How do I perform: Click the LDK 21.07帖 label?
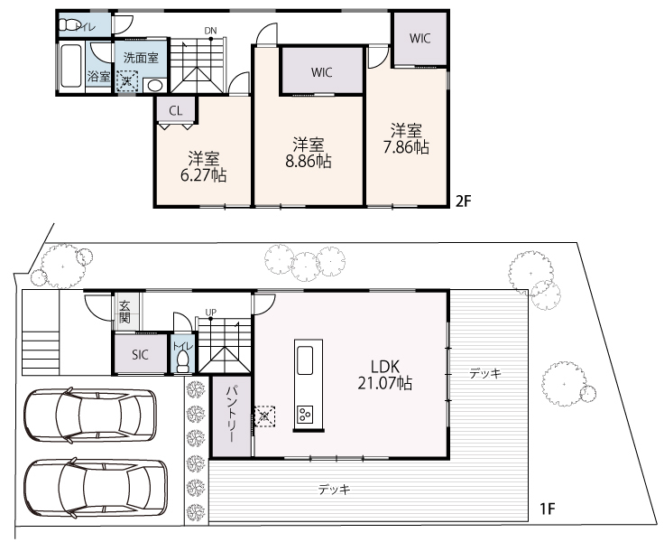click(384, 375)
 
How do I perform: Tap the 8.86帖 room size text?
click(309, 162)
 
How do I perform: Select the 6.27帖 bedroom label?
click(203, 175)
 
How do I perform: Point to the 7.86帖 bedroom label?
click(406, 146)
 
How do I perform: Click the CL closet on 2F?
click(176, 109)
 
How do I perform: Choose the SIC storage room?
click(140, 354)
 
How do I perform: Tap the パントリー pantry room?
click(232, 416)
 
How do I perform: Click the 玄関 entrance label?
click(124, 312)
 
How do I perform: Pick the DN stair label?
click(210, 31)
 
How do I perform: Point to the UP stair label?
click(211, 313)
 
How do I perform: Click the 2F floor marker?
click(464, 201)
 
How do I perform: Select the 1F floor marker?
click(547, 509)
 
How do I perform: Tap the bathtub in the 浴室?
click(70, 66)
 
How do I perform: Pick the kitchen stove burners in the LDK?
click(304, 414)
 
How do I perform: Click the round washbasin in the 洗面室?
click(154, 85)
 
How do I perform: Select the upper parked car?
click(90, 416)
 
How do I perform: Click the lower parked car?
click(96, 488)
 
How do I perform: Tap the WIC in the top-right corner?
click(420, 39)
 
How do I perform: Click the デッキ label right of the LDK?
click(485, 373)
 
